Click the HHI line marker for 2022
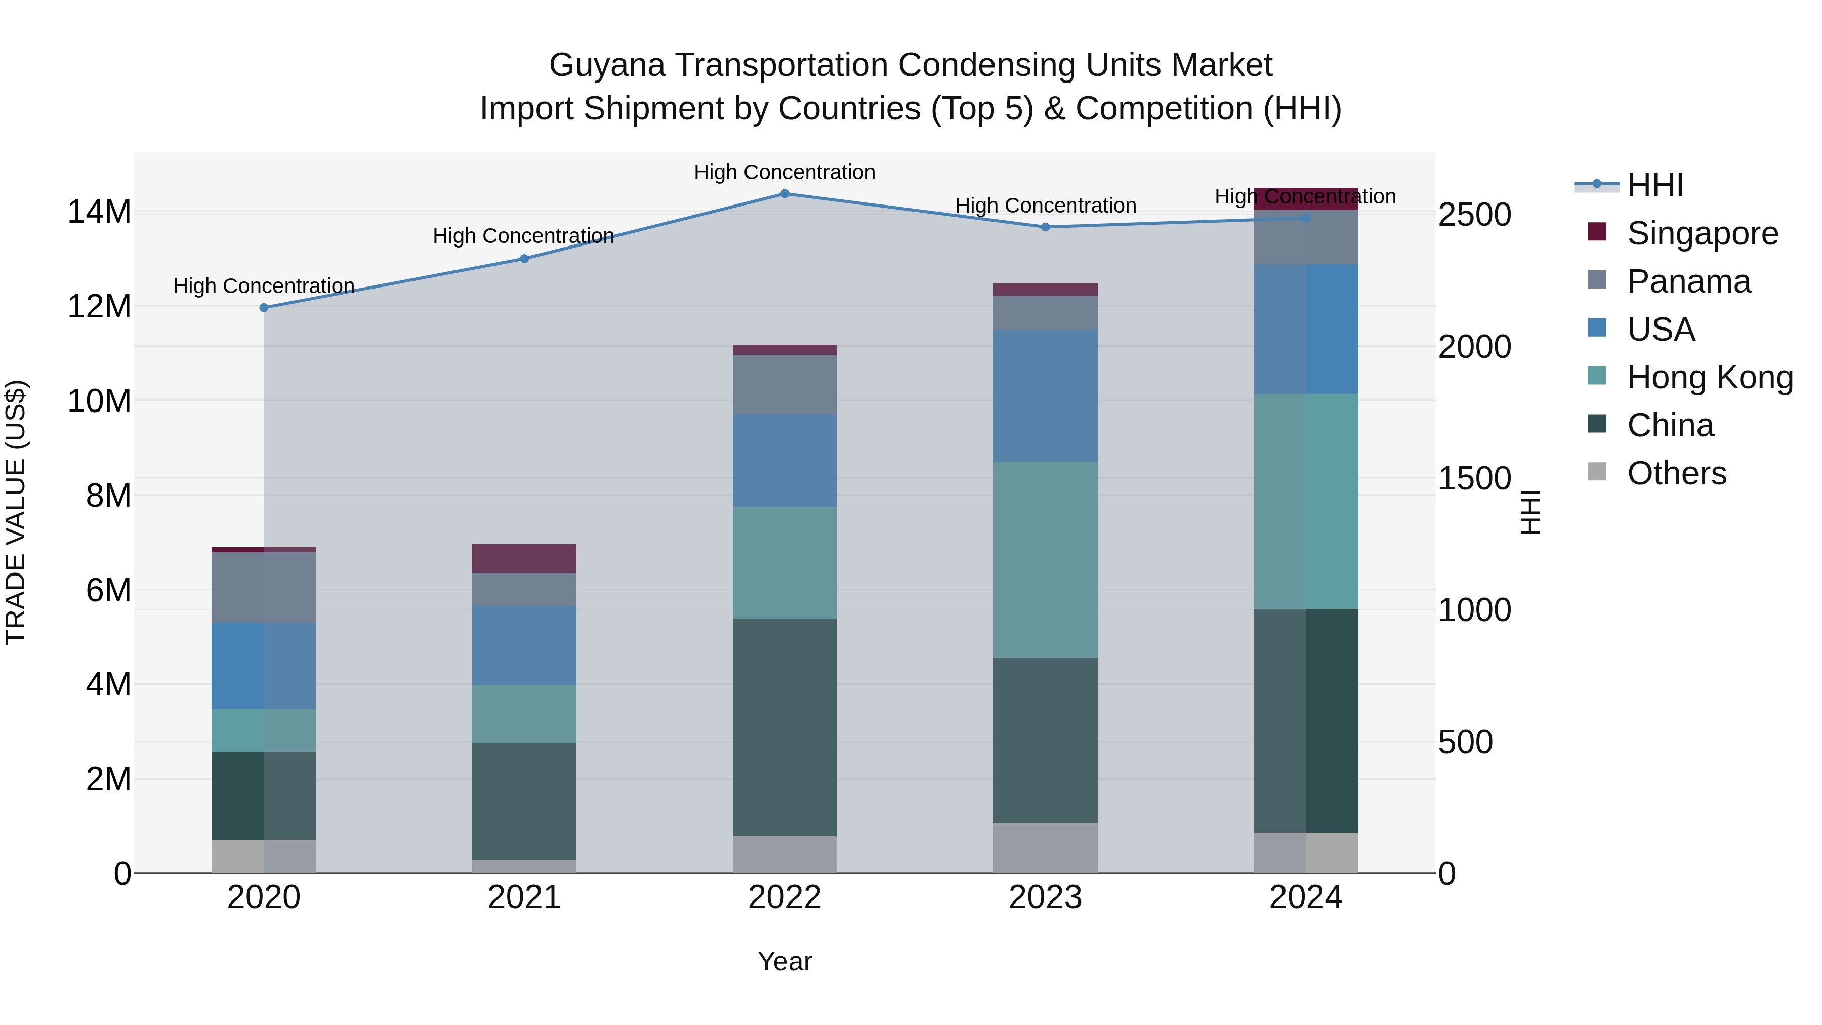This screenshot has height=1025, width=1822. point(784,193)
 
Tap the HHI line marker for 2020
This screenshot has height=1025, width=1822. point(264,308)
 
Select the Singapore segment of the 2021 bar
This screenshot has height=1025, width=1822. point(524,558)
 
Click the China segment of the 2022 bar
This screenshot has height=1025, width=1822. point(784,727)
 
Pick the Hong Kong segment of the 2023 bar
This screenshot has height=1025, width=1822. point(1046,559)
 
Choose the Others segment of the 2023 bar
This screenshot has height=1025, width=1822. point(1046,847)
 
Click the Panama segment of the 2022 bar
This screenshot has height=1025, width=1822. point(784,384)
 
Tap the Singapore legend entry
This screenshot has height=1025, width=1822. point(1702,233)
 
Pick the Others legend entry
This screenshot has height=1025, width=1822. point(1676,473)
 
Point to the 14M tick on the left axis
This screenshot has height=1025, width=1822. point(99,212)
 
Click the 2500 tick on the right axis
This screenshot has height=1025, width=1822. point(1475,215)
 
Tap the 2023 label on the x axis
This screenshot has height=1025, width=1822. point(1046,897)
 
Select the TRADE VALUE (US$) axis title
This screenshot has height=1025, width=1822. point(16,512)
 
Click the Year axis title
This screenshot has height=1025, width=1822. point(784,961)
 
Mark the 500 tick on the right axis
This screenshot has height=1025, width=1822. point(1466,742)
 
